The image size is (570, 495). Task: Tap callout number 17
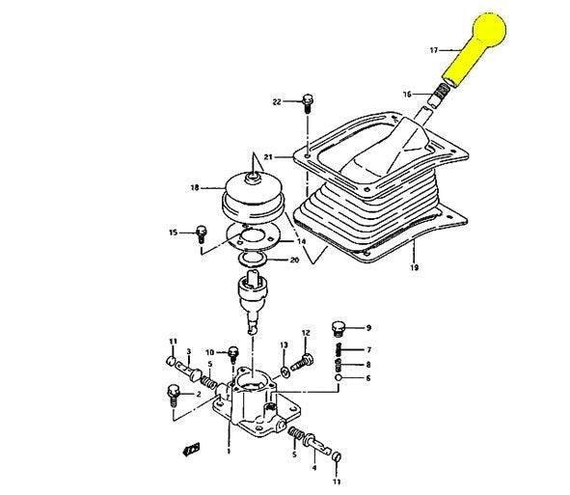pos(434,48)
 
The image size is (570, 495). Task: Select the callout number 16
pos(407,95)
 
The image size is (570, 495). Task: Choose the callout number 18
pos(194,188)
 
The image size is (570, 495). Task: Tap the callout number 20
pos(294,261)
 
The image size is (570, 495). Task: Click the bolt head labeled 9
pos(338,326)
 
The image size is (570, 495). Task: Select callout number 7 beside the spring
pos(367,349)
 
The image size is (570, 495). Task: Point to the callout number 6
pos(367,378)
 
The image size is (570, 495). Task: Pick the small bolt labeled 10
pos(232,353)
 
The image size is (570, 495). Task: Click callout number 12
pos(306,334)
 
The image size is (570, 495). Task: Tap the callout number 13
pos(285,344)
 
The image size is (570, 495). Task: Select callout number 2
pos(198,394)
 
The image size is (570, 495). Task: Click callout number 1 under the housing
pos(228,451)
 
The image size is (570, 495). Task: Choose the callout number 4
pos(313,468)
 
